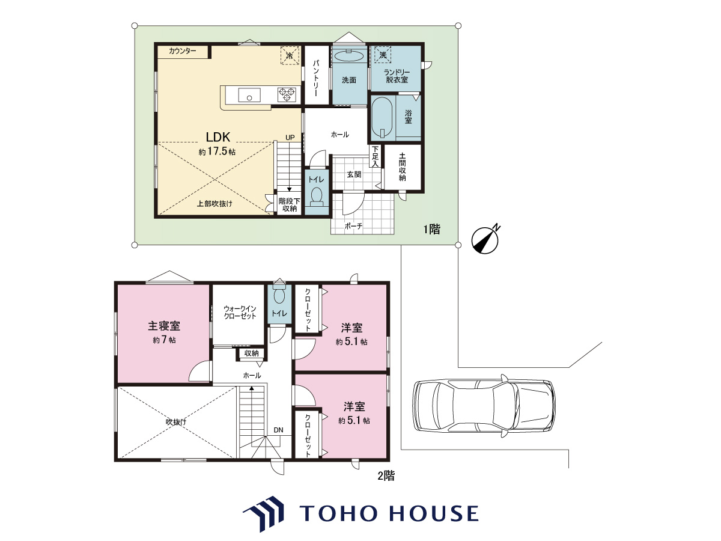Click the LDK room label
(218, 136)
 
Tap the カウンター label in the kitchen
(182, 51)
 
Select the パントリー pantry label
(316, 78)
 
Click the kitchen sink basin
(249, 95)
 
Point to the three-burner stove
(287, 95)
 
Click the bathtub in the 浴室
(383, 118)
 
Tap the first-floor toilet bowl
(316, 197)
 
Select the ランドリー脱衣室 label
(397, 76)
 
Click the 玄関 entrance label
(354, 174)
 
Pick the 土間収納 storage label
(403, 167)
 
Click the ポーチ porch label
(353, 226)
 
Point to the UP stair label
(290, 138)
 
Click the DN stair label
(278, 430)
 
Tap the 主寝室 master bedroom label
(164, 326)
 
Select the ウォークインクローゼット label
(240, 313)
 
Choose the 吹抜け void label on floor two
(175, 422)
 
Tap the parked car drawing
(484, 406)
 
